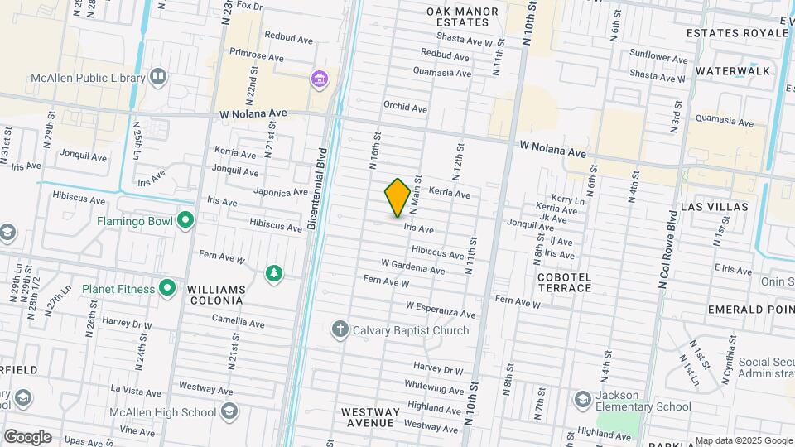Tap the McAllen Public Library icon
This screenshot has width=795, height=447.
tap(158, 78)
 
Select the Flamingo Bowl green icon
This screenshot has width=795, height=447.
tap(185, 221)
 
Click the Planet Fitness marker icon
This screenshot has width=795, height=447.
tap(167, 289)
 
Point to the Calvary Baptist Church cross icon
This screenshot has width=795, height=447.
tap(340, 330)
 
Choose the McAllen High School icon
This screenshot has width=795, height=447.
tap(229, 412)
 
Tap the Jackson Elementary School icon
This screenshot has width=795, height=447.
tap(583, 401)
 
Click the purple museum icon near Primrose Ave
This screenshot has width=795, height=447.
tap(319, 79)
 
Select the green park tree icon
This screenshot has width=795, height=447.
tap(274, 272)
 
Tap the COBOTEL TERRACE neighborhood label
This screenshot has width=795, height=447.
tap(564, 282)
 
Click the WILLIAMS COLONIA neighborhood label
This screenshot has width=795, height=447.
tap(217, 295)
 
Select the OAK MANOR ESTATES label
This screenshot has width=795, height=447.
tap(463, 17)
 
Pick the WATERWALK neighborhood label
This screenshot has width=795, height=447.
tap(733, 71)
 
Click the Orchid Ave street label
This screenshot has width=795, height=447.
tap(405, 108)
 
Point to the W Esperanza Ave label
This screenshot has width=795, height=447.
tap(441, 310)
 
